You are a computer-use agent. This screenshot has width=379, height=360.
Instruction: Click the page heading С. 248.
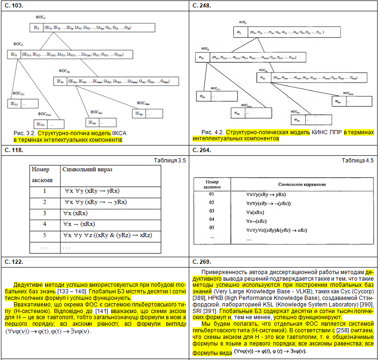tap(202, 5)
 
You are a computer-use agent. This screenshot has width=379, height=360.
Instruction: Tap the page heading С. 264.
tap(202, 151)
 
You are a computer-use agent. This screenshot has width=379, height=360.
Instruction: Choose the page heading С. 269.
tap(202, 261)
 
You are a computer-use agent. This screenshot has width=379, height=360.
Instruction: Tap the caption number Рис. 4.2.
tap(212, 132)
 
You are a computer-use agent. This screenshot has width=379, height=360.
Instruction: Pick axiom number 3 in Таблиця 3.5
tap(45, 213)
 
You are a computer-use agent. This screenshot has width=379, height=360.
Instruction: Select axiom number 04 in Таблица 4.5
tap(211, 219)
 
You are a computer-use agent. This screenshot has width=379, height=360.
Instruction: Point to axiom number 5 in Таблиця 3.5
tap(45, 235)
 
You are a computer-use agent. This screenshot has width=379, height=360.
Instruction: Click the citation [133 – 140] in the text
tap(71, 291)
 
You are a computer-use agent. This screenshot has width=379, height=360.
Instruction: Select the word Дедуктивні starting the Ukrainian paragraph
tap(31, 285)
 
